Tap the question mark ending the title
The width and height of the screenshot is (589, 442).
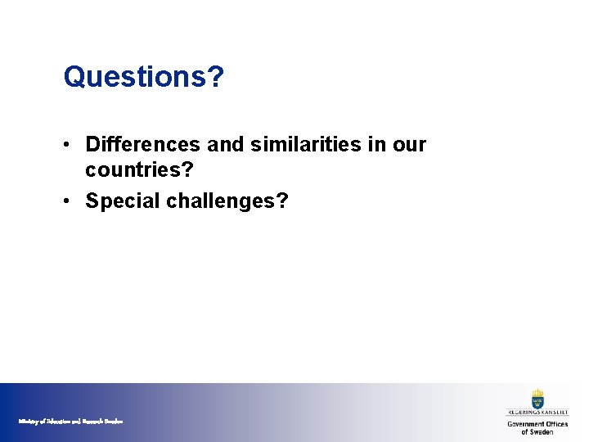click(216, 78)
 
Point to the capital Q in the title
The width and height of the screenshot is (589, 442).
click(74, 78)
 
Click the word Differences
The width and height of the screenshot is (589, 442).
click(143, 145)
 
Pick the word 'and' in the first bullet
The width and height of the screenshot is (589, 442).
click(224, 145)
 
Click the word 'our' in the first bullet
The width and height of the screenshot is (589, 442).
click(410, 145)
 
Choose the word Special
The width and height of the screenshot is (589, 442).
click(123, 201)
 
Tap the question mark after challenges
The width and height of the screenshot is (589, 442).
click(282, 201)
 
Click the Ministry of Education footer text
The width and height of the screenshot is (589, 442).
click(70, 421)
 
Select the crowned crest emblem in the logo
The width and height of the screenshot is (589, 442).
click(537, 399)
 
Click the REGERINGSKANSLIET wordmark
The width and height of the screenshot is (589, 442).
click(537, 414)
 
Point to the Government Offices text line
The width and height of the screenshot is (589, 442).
click(537, 424)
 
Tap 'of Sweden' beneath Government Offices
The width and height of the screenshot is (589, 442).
click(537, 432)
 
